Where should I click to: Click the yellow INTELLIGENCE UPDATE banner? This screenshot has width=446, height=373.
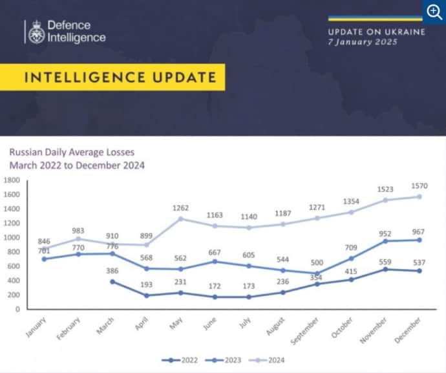point(120,78)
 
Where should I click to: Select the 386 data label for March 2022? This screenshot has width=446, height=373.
point(114,271)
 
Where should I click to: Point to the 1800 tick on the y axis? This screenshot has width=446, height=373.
point(12,180)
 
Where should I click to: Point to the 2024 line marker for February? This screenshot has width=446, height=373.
point(78,239)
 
